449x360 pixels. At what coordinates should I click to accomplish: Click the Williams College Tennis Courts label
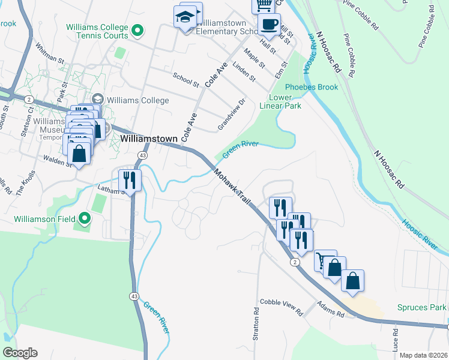pos(97,31)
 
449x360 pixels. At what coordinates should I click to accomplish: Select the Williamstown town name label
pos(149,139)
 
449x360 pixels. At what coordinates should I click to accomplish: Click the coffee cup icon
pos(269,25)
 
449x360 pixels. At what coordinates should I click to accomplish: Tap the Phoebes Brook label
pos(312,87)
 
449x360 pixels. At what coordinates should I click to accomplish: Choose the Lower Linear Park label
pos(285,101)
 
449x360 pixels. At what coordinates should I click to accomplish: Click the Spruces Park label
pos(421,308)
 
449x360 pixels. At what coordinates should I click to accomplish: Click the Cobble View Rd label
pos(281,306)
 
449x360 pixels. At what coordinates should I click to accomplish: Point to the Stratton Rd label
pos(256,324)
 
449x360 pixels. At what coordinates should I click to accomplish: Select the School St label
pos(185,79)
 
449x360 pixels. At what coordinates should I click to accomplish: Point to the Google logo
pos(20,353)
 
